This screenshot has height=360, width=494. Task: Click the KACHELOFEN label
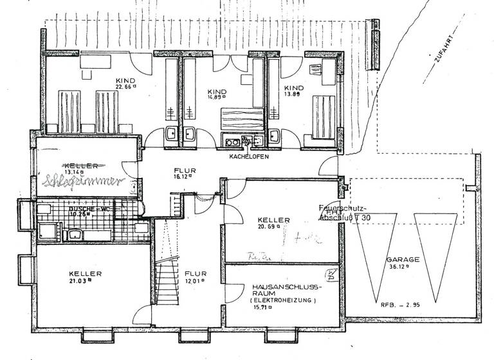pyautogui.click(x=248, y=156)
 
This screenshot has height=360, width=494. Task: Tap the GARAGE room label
pyautogui.click(x=403, y=260)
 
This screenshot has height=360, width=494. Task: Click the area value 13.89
pyautogui.click(x=293, y=94)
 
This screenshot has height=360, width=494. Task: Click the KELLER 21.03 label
pyautogui.click(x=86, y=276)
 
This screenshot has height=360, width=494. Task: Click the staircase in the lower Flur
pyautogui.click(x=165, y=264)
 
